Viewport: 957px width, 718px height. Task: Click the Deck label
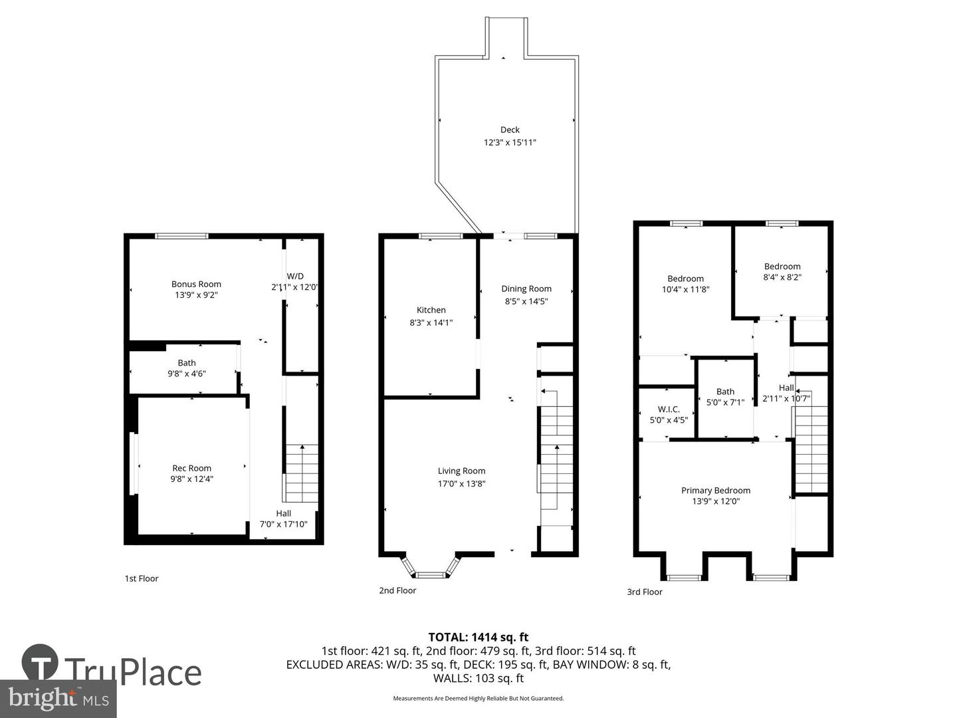point(510,130)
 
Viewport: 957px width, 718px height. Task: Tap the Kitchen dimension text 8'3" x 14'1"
point(431,322)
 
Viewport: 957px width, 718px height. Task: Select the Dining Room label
point(526,289)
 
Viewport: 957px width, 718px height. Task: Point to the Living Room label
point(461,471)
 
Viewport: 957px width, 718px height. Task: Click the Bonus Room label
point(196,284)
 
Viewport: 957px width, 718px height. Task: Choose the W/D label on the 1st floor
point(295,276)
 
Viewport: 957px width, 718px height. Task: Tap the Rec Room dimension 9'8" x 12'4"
point(191,479)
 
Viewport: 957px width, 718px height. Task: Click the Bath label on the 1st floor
point(187,362)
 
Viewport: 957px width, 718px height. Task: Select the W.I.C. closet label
point(669,409)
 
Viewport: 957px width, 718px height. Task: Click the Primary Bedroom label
point(716,490)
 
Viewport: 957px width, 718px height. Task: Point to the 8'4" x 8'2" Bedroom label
point(782,267)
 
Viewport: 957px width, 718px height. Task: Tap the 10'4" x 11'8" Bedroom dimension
point(685,289)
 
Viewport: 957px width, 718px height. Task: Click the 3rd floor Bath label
point(725,392)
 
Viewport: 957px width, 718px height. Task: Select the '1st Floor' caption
point(142,578)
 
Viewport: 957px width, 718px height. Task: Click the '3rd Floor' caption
point(645,592)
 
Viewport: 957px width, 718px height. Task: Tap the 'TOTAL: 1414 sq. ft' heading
point(478,638)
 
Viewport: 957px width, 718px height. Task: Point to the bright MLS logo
point(58,699)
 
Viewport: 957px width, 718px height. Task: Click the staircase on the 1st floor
point(302,473)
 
